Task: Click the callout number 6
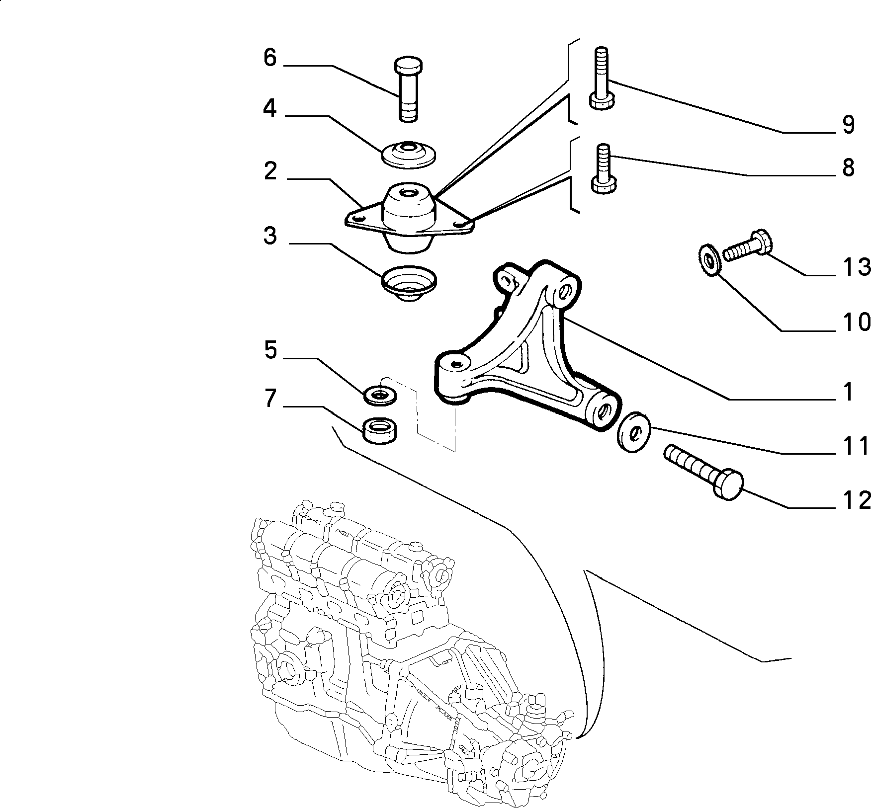pyautogui.click(x=269, y=58)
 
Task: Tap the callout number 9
pyautogui.click(x=848, y=125)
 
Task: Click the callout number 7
pyautogui.click(x=269, y=399)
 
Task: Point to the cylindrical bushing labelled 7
pyautogui.click(x=380, y=430)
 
